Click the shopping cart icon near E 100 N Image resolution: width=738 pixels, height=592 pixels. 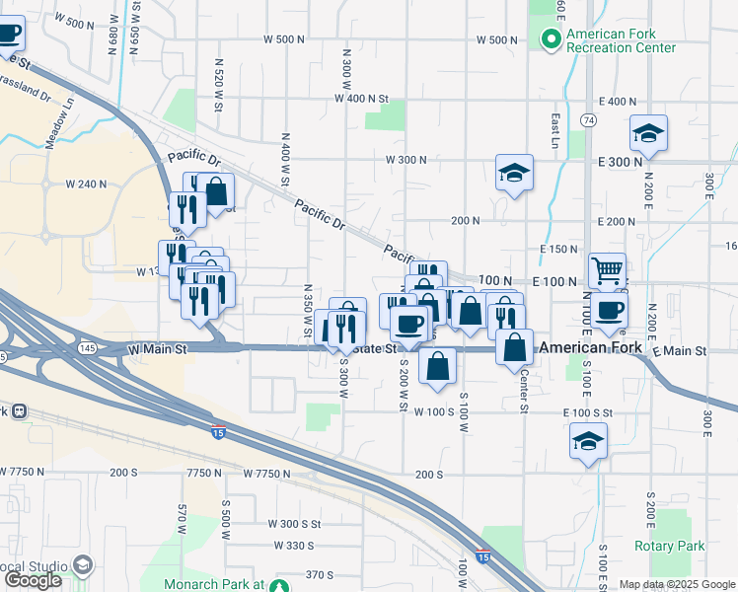[607, 268]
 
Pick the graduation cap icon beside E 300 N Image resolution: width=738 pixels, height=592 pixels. [649, 132]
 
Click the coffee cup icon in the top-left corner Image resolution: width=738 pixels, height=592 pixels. [8, 33]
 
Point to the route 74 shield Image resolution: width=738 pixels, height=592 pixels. [589, 119]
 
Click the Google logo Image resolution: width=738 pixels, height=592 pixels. [33, 580]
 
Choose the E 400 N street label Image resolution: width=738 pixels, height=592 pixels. [618, 102]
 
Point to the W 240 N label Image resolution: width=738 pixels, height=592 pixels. [85, 184]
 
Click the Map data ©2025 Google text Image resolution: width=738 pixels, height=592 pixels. [676, 584]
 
